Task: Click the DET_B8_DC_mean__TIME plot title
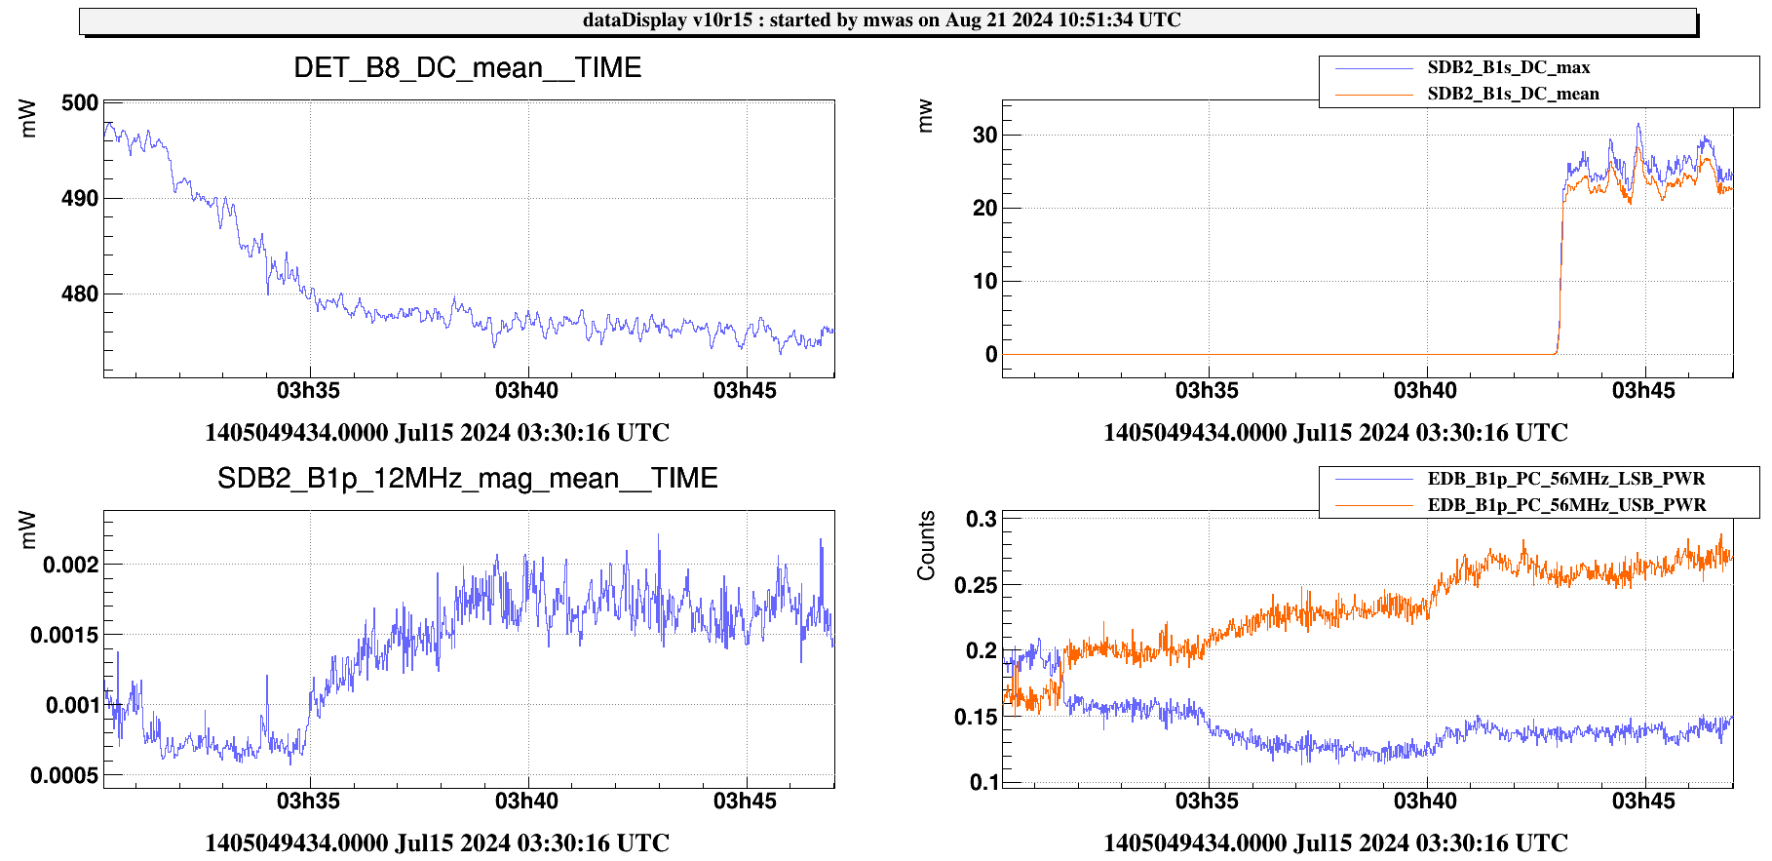pyautogui.click(x=468, y=67)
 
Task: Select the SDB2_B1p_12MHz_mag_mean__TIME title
pyautogui.click(x=468, y=478)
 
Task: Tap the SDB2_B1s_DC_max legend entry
pyautogui.click(x=1508, y=67)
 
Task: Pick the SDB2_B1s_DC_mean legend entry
pyautogui.click(x=1513, y=94)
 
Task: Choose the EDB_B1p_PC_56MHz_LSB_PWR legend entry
pyautogui.click(x=1565, y=479)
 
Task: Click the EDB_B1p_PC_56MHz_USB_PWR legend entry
pyautogui.click(x=1566, y=505)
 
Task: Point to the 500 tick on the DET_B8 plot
pyautogui.click(x=80, y=103)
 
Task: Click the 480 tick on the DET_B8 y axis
pyautogui.click(x=80, y=294)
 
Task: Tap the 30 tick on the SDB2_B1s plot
pyautogui.click(x=984, y=136)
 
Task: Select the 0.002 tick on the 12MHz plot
pyautogui.click(x=70, y=565)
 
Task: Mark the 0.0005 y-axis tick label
pyautogui.click(x=64, y=776)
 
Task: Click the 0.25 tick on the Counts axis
pyautogui.click(x=976, y=585)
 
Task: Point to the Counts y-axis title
pyautogui.click(x=926, y=545)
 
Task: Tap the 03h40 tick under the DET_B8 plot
pyautogui.click(x=527, y=391)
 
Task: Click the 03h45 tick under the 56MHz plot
pyautogui.click(x=1643, y=802)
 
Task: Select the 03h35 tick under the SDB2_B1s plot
pyautogui.click(x=1207, y=391)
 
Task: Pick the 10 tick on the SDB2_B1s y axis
pyautogui.click(x=984, y=282)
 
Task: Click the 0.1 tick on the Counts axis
pyautogui.click(x=983, y=782)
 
